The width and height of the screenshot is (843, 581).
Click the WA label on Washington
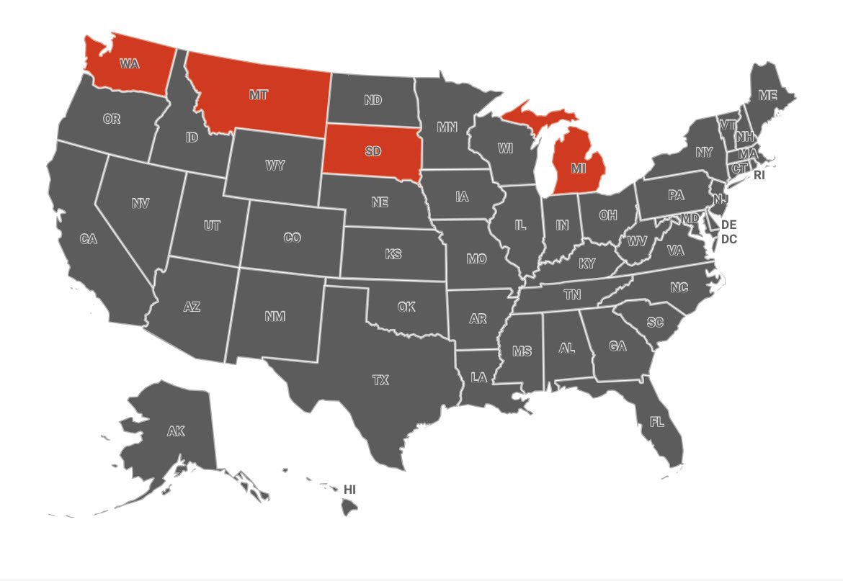(130, 63)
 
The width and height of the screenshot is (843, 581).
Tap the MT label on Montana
(259, 95)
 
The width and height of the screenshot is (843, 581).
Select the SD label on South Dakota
(373, 151)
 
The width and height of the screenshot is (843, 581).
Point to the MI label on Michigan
(578, 168)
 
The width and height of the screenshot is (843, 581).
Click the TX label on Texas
(380, 380)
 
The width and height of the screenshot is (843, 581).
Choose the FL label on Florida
(657, 422)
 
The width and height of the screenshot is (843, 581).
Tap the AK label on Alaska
(176, 432)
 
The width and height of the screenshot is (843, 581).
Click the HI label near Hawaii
(349, 490)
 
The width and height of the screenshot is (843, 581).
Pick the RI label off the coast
(759, 175)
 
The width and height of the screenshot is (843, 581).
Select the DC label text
(728, 239)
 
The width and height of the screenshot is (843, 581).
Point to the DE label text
(728, 225)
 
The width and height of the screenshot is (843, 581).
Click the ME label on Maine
(767, 95)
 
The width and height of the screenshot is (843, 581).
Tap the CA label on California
(89, 239)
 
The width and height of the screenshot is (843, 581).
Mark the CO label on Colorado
(292, 238)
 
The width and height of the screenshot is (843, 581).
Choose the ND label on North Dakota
(373, 101)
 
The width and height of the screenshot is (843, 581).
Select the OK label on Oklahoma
(406, 307)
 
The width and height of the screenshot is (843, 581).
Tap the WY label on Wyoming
(275, 166)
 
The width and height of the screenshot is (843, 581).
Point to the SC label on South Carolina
(655, 323)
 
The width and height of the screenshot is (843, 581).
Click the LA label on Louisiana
(479, 377)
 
